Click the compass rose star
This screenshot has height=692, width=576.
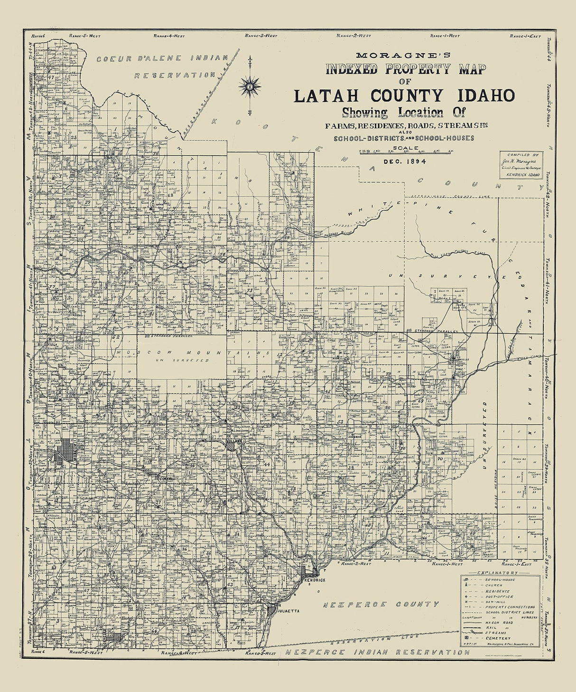[x=250, y=86]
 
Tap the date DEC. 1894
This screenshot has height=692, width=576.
[x=405, y=161]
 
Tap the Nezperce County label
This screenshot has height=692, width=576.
[x=381, y=604]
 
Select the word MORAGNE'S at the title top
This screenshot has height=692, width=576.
[x=405, y=55]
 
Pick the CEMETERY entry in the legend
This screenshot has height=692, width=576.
[x=498, y=638]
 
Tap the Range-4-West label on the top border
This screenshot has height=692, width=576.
[x=169, y=36]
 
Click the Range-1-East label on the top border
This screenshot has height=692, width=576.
[x=525, y=36]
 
